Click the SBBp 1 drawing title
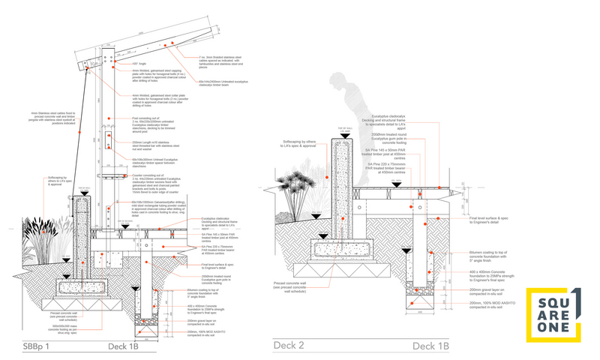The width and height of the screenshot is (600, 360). click(32, 346)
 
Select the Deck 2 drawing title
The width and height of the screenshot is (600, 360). click(289, 346)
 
